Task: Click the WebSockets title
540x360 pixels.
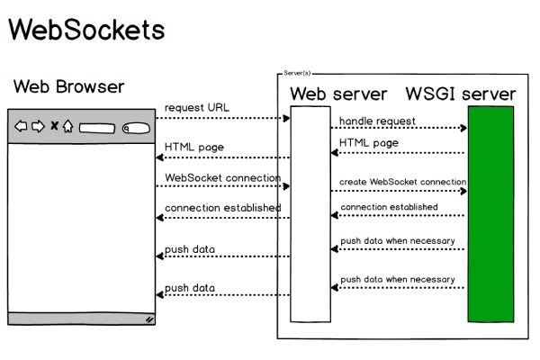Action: [87, 29]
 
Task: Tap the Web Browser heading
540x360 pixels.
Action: [69, 87]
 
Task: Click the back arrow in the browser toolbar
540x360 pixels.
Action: [21, 126]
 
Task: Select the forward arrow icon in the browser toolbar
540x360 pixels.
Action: [38, 126]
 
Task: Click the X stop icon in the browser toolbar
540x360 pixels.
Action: [54, 126]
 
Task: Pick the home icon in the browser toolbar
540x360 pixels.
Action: [67, 126]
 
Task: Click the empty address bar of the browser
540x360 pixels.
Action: [96, 127]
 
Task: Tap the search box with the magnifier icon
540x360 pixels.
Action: [135, 127]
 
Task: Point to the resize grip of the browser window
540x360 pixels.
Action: [149, 319]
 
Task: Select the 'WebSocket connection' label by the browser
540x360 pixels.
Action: [223, 177]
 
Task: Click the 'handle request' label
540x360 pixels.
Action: [377, 121]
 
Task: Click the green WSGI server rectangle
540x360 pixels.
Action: [490, 213]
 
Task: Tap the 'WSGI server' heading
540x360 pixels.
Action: [461, 94]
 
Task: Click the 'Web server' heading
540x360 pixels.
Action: [338, 94]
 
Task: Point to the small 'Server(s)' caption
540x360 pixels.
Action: [298, 72]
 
